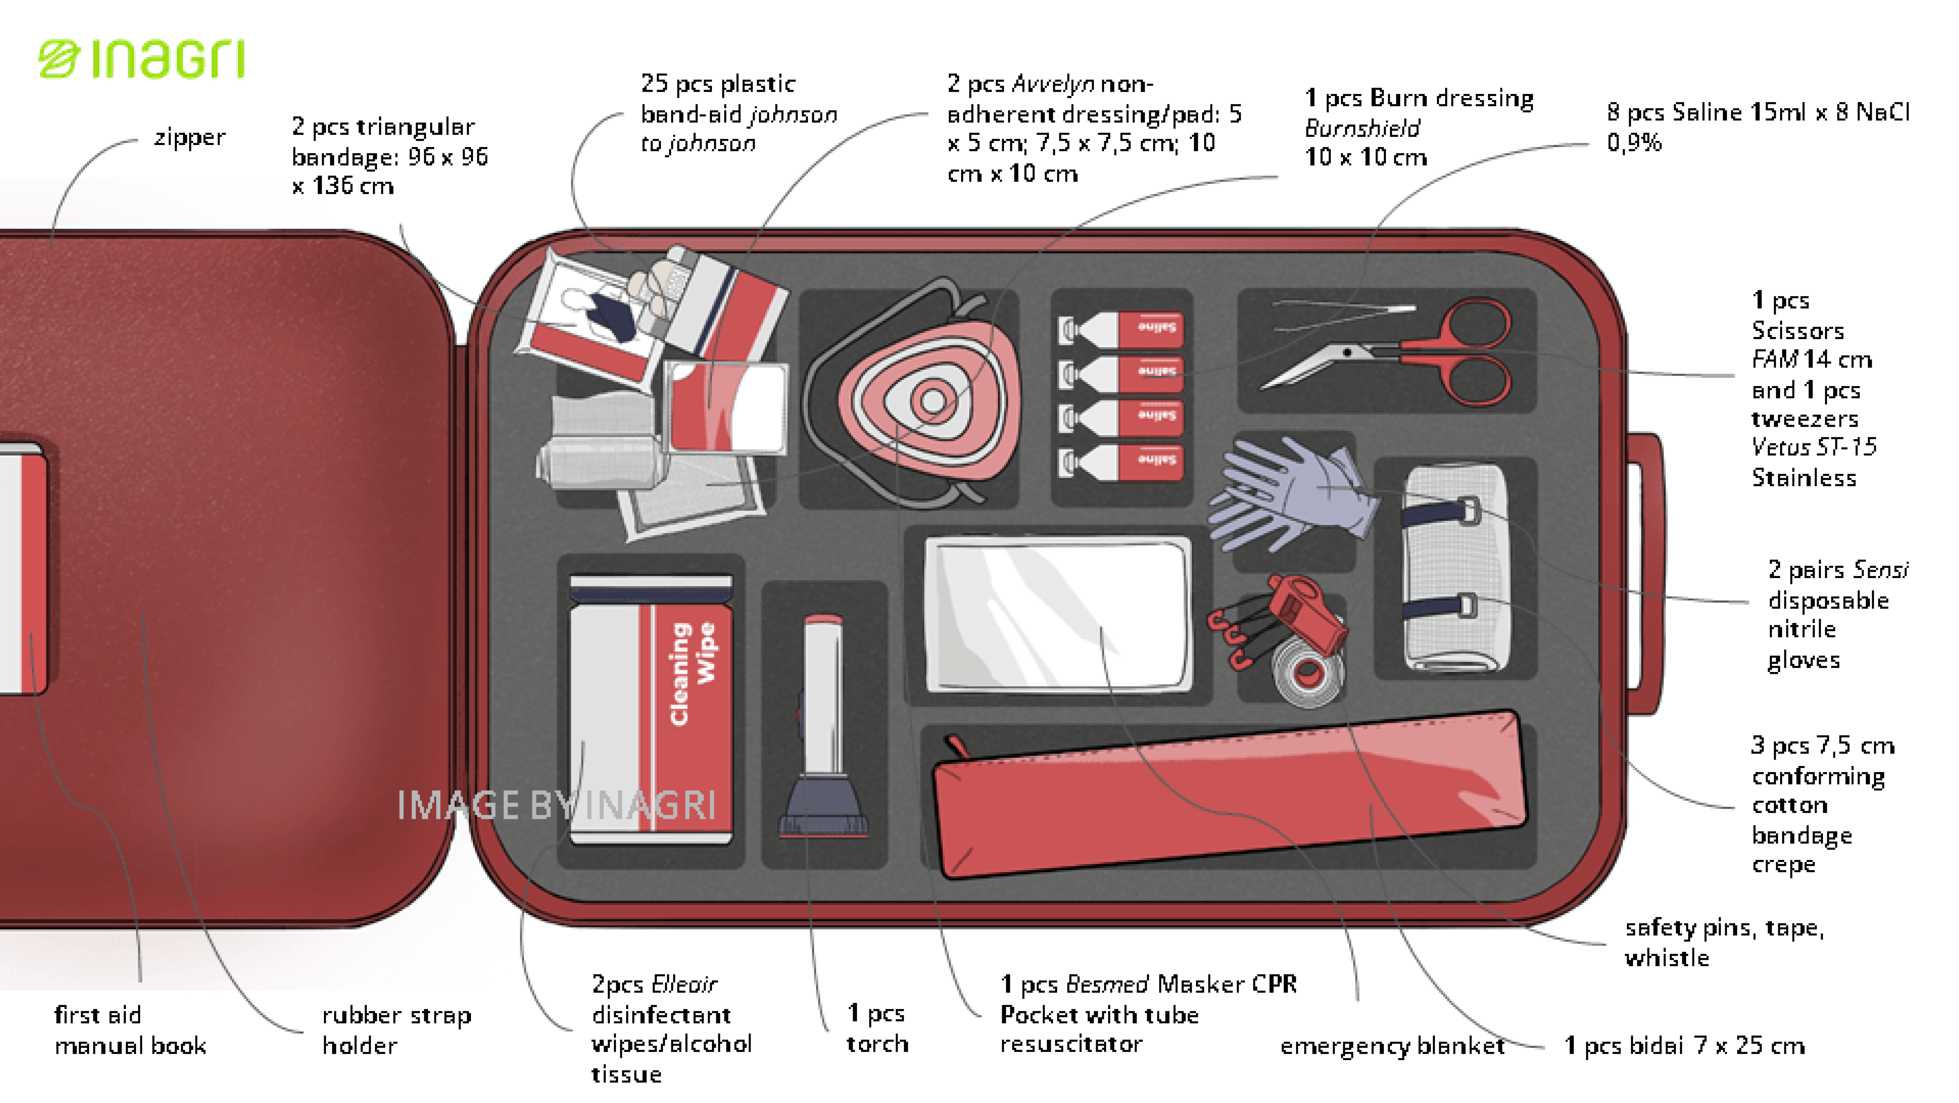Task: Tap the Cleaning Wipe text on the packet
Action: point(691,673)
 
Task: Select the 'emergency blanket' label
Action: point(1392,1046)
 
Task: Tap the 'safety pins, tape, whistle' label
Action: point(1723,942)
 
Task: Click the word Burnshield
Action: point(1362,128)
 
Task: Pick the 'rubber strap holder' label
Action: point(396,1030)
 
